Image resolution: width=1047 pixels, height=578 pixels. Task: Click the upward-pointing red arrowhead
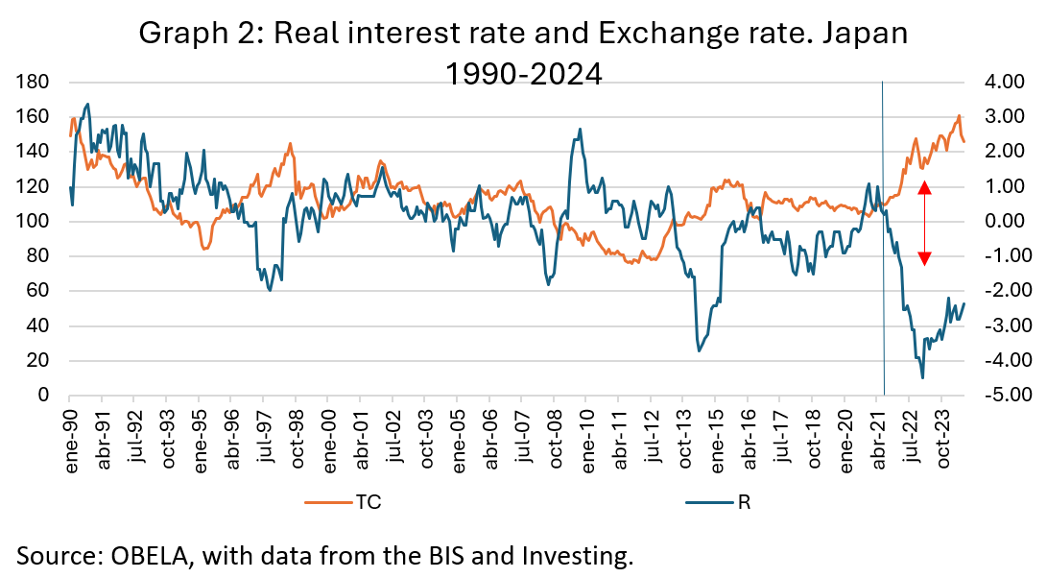coord(924,188)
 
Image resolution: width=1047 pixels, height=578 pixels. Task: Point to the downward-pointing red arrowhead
coord(924,257)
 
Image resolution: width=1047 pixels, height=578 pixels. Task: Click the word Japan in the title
coord(864,34)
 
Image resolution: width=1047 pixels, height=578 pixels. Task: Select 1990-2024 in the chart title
coord(523,73)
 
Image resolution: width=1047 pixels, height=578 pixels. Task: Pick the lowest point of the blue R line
coord(922,377)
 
